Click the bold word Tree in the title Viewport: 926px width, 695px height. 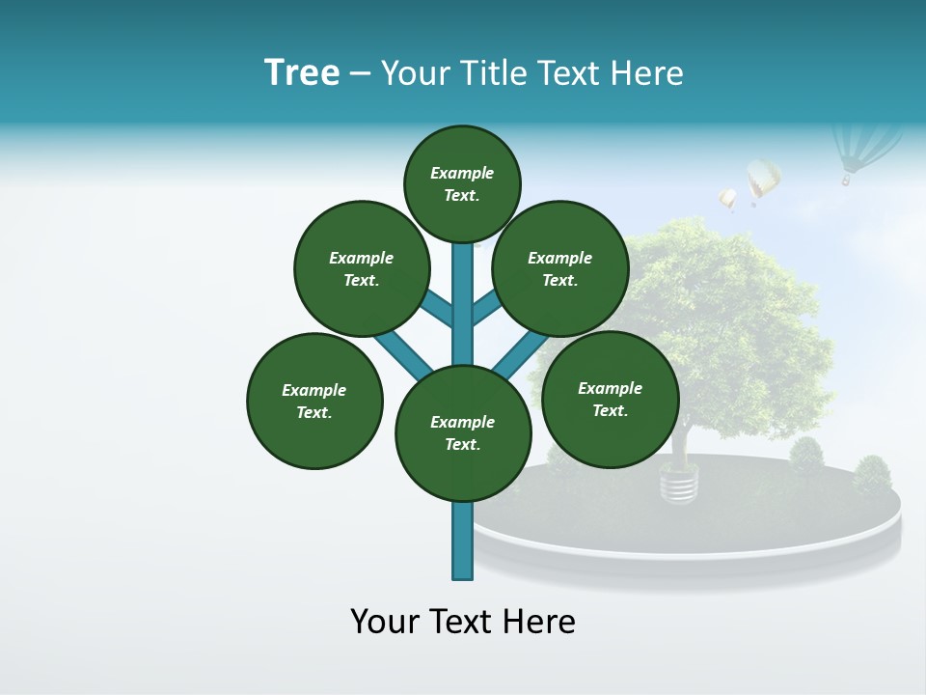(x=302, y=72)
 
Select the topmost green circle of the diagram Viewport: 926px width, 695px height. (x=462, y=183)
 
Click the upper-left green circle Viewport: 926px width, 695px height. (x=362, y=268)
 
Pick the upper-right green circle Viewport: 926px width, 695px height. (x=560, y=268)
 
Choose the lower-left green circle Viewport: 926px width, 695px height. (x=314, y=401)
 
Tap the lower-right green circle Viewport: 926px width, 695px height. (x=610, y=399)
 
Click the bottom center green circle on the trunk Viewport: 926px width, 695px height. (x=463, y=432)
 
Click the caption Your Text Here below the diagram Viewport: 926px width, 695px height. (x=463, y=622)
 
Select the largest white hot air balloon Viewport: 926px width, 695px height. (x=762, y=180)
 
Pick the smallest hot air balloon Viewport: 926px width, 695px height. (x=727, y=200)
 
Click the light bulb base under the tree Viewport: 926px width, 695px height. (x=679, y=484)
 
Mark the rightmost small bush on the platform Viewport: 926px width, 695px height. (x=872, y=474)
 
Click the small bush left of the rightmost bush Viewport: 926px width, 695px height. (x=805, y=455)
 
